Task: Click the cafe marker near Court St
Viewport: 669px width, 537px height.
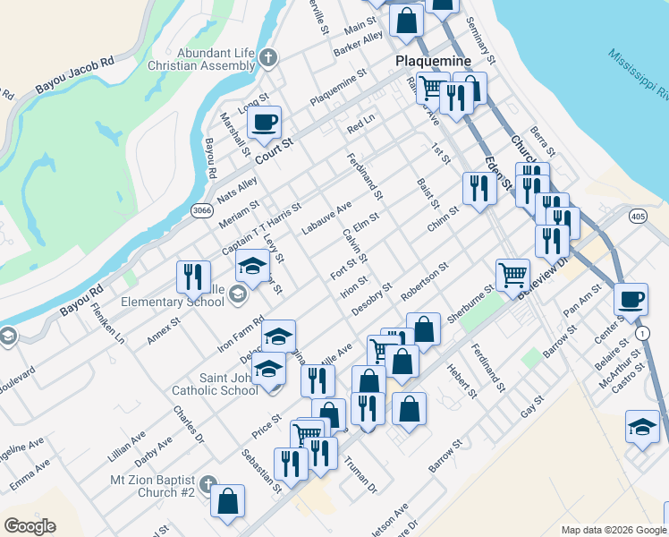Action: [x=264, y=123]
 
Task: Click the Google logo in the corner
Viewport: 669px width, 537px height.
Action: [x=30, y=526]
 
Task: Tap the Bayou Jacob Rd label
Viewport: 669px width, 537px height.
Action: [x=75, y=77]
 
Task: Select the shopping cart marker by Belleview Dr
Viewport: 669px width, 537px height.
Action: [x=512, y=275]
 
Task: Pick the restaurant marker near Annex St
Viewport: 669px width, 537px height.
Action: [x=192, y=277]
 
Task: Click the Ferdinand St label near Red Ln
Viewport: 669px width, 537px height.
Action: [x=367, y=175]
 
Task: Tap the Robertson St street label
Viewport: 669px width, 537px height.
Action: [x=425, y=280]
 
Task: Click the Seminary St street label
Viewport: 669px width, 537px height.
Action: [x=487, y=35]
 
